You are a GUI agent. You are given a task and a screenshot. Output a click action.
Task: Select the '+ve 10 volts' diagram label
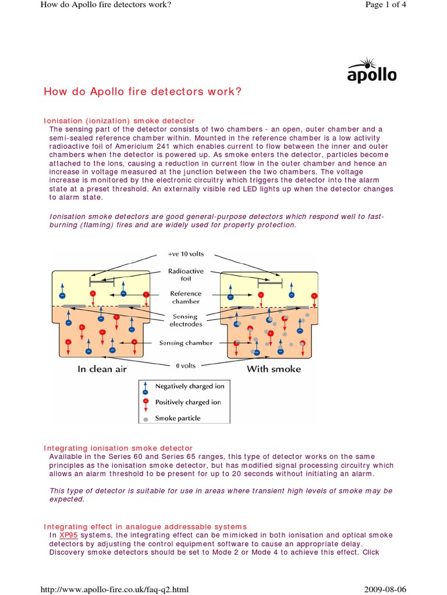[x=186, y=255]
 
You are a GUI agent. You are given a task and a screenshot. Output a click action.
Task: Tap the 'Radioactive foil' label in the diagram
[x=186, y=274]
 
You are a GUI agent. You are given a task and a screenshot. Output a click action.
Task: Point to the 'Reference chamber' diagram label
[x=186, y=297]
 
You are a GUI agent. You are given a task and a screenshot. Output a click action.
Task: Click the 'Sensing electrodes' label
[x=186, y=320]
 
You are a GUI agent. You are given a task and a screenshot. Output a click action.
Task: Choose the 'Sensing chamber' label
[x=186, y=343]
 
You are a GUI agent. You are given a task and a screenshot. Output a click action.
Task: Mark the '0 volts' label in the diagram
[x=186, y=366]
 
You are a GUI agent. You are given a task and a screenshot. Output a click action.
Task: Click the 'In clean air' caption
[x=102, y=369]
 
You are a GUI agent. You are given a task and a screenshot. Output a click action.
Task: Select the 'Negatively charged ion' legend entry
[x=189, y=386]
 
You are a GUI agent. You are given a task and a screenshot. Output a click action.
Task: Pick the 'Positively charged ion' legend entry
[x=187, y=402]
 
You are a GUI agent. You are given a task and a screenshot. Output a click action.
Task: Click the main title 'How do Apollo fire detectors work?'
[x=143, y=92]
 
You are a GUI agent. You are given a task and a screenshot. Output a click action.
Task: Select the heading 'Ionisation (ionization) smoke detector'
[x=119, y=121]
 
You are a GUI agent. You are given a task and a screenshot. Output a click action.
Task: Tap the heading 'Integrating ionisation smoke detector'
[x=118, y=448]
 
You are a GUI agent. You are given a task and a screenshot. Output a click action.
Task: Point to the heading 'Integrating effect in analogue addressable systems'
[x=146, y=526]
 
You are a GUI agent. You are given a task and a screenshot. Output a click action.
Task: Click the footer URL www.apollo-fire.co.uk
[x=113, y=590]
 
